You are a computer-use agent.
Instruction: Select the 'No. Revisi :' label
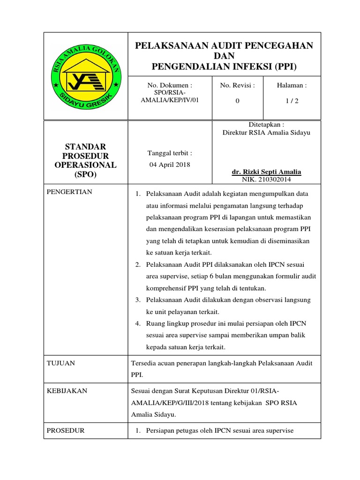pos(237,86)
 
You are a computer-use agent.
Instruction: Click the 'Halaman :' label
pos(292,86)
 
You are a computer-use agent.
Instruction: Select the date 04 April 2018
pos(169,165)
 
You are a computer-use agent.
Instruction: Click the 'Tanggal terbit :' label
pos(170,153)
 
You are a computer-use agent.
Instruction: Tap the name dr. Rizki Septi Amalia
pos(266,172)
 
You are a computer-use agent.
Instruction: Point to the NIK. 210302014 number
pos(266,180)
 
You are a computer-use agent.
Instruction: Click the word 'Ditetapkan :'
pos(266,125)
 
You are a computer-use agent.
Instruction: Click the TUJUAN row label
pos(61,363)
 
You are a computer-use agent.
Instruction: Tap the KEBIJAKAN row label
pos(67,391)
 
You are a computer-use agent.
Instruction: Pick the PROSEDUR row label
pos(66,430)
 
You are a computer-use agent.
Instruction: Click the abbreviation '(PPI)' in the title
pos(284,66)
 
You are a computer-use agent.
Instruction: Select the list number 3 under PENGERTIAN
pos(138,300)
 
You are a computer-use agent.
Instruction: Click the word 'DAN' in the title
pos(224,56)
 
